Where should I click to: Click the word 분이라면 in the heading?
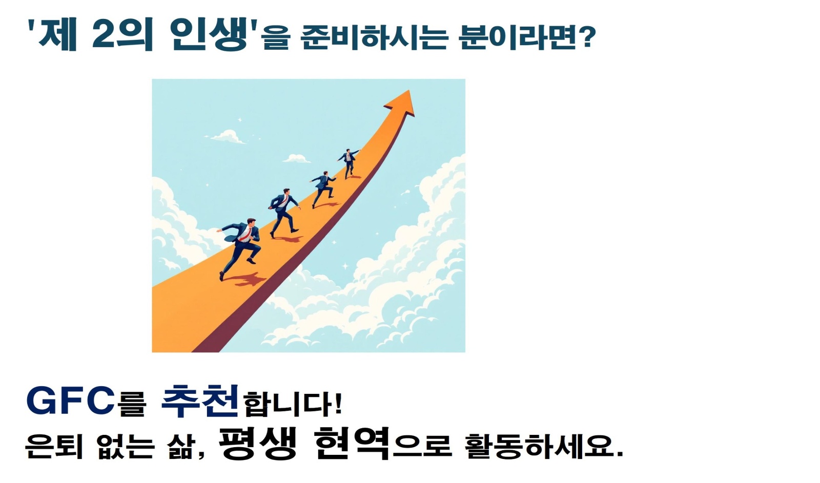coord(518,37)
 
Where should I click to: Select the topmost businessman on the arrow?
coord(348,162)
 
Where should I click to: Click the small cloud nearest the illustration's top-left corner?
coord(226,137)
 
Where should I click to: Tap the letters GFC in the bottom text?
coord(70,401)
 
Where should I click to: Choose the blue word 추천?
coord(200,400)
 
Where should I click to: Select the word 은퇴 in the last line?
coord(54,446)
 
